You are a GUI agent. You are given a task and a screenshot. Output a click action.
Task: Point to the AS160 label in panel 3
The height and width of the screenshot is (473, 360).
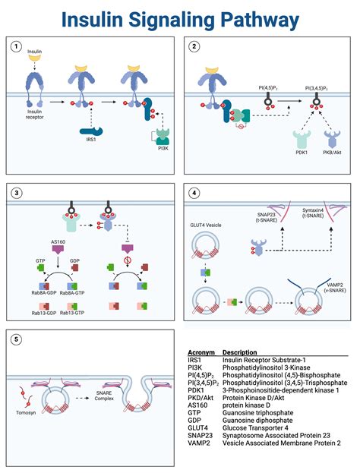(58, 241)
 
